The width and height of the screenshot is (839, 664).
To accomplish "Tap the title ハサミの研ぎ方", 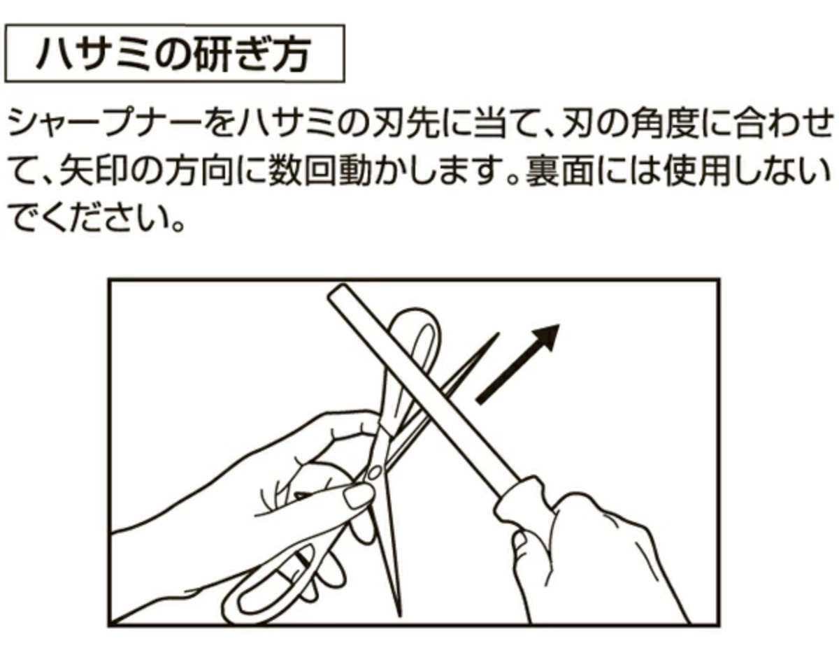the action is click(x=174, y=55).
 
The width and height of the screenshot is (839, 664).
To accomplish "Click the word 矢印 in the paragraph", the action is click(x=94, y=171).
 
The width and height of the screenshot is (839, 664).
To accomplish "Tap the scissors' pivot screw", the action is click(x=373, y=473).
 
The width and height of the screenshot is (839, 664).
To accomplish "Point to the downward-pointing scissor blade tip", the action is click(x=399, y=615).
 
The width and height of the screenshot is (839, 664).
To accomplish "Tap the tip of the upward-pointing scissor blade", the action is click(x=498, y=334).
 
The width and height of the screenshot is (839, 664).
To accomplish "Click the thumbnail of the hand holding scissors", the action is click(x=357, y=497).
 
